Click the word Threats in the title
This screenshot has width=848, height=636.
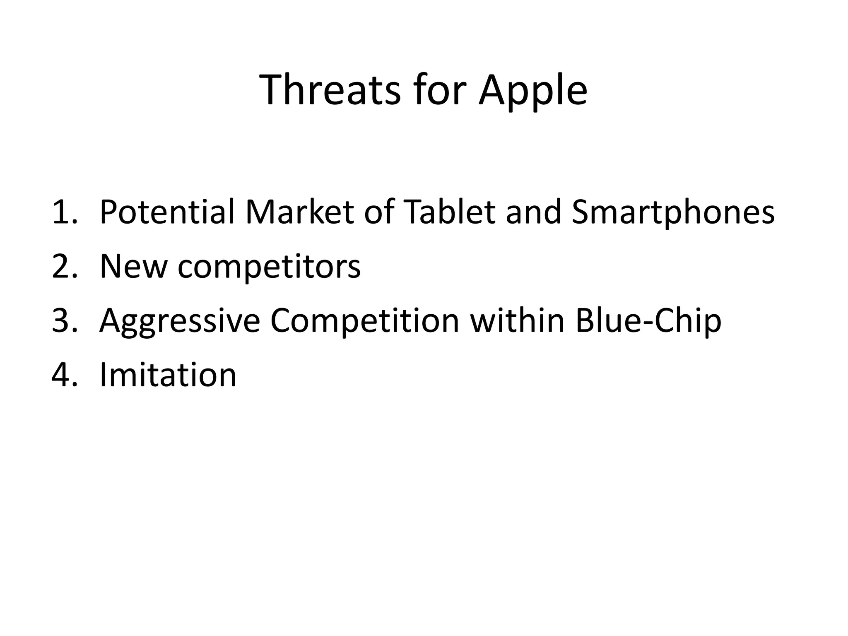(330, 90)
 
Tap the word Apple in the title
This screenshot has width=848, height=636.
(533, 90)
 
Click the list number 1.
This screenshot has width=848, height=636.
(65, 212)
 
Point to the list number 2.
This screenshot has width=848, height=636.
(65, 267)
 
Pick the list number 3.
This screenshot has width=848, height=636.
(65, 321)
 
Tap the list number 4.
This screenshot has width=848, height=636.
(65, 375)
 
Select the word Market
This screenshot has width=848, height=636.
(299, 212)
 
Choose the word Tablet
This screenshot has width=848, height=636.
(448, 212)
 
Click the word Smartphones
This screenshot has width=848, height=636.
(673, 212)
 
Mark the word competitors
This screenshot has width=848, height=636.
(269, 267)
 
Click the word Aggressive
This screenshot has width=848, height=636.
(180, 321)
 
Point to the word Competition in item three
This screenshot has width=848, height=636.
(365, 321)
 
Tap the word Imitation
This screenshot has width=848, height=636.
(168, 375)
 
